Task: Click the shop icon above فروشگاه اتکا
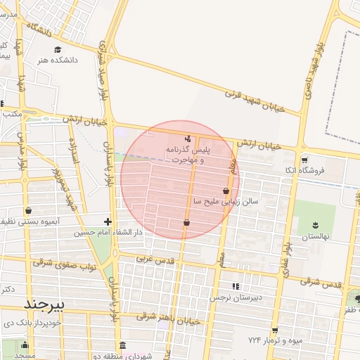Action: [x=304, y=160]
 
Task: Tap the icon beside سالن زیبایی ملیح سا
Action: [x=225, y=191]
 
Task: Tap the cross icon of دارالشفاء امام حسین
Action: [x=108, y=221]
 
